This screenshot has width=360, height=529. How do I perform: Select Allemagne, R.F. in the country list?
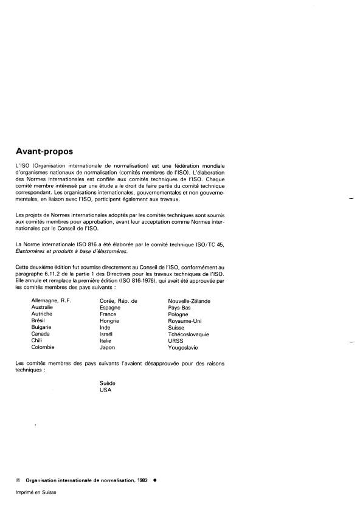[51, 300]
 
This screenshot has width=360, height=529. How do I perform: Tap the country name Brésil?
[40, 320]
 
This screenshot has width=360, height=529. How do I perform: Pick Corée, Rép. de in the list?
[119, 300]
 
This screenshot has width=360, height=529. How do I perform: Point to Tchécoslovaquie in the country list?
[189, 334]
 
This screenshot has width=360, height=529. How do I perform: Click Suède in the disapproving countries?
[107, 384]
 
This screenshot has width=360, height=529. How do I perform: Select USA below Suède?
[106, 390]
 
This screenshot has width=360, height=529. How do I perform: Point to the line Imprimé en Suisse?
[36, 493]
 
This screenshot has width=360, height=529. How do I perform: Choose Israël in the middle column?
[107, 334]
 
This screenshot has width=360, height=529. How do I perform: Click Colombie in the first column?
[43, 347]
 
